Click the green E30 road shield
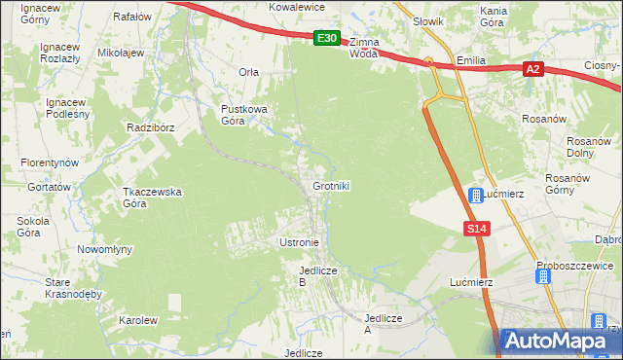pyautogui.click(x=327, y=39)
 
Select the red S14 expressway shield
pyautogui.click(x=474, y=228)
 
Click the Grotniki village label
pyautogui.click(x=331, y=185)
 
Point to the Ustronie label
pyautogui.click(x=299, y=241)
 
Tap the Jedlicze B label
pyautogui.click(x=317, y=275)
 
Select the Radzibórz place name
pyautogui.click(x=150, y=127)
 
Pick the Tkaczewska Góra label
pyautogui.click(x=152, y=198)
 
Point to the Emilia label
pyautogui.click(x=471, y=60)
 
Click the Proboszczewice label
pyautogui.click(x=574, y=265)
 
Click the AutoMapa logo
pyautogui.click(x=558, y=342)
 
